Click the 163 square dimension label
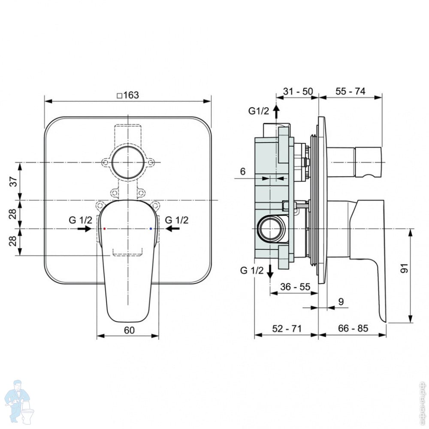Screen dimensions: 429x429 click(x=128, y=95)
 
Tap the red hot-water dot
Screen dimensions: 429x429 click(x=105, y=229)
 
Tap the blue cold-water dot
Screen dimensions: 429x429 click(x=151, y=229)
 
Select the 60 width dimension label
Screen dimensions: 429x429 click(x=129, y=330)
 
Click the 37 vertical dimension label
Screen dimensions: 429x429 click(x=13, y=181)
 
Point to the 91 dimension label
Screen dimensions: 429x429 click(x=404, y=269)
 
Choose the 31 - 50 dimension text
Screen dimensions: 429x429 click(x=298, y=91)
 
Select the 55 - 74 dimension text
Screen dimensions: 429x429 click(x=350, y=91)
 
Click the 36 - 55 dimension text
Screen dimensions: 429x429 click(x=295, y=287)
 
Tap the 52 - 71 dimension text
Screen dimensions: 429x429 click(x=287, y=328)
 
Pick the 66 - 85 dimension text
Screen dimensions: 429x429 click(x=353, y=328)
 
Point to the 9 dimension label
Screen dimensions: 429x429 click(x=341, y=302)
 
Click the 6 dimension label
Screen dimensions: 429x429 click(x=243, y=171)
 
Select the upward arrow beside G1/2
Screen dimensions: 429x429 click(x=276, y=112)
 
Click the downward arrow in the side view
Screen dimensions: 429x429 click(x=270, y=272)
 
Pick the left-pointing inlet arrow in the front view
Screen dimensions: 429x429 click(x=172, y=229)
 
